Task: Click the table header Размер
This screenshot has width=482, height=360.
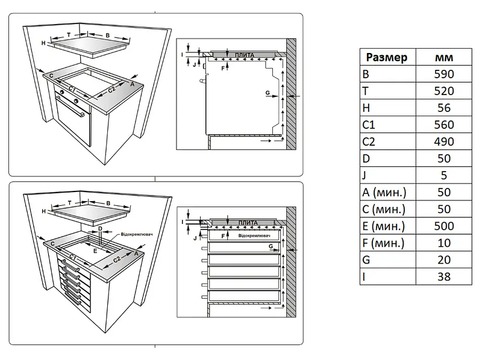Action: point(386,58)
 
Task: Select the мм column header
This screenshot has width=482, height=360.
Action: point(444,58)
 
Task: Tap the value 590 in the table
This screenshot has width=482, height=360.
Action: point(443,75)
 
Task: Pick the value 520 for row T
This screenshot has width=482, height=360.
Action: point(443,92)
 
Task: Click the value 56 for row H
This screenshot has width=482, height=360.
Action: point(443,108)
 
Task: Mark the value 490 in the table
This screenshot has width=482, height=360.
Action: point(443,142)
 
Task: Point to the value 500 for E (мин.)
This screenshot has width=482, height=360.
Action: point(443,226)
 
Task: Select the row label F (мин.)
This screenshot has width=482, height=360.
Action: point(384,243)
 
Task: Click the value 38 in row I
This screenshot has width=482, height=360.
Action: point(443,277)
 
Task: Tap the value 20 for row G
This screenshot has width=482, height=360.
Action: point(443,260)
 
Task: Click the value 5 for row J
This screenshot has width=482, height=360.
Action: point(443,176)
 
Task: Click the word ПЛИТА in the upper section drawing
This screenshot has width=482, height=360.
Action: point(244,55)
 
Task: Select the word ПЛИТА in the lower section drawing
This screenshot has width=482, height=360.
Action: point(248,223)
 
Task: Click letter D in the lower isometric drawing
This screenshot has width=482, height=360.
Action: point(100,228)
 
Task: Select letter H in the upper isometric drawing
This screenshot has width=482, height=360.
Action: point(44,43)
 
